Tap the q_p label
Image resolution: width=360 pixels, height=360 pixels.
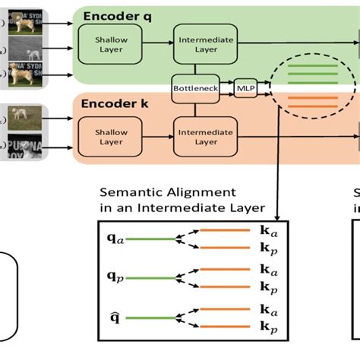click(x=113, y=279)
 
